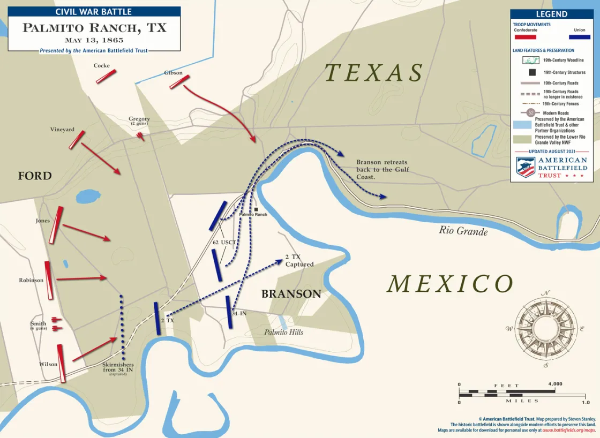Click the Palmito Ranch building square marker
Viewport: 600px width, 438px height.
coord(257,209)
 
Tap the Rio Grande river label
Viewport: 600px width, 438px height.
coord(463,231)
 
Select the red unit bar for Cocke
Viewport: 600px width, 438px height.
coord(106,77)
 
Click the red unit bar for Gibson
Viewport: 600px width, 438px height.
coord(179,82)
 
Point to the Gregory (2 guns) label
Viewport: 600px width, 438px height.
coord(139,121)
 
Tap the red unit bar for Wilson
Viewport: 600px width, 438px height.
coord(61,363)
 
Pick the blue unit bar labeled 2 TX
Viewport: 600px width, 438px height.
coord(157,319)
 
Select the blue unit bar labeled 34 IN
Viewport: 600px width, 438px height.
coord(229,312)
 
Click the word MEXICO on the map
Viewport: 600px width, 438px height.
coord(450,284)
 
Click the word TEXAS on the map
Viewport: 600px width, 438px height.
coord(374,73)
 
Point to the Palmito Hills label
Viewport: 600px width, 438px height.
coord(283,333)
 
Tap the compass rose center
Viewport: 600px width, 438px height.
coord(546,328)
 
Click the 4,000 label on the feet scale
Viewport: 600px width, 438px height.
coord(555,384)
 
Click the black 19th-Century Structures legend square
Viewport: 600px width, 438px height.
coord(532,72)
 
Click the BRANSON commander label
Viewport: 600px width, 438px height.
coord(291,294)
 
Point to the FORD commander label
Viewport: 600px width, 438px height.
coord(35,176)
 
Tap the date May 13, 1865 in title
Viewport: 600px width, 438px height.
coord(94,40)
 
